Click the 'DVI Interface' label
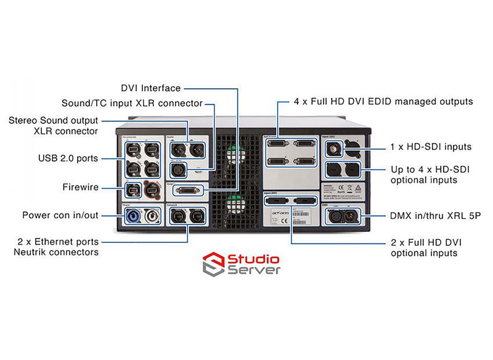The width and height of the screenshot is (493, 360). pyautogui.click(x=151, y=88)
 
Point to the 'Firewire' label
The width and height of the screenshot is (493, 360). pyautogui.click(x=81, y=186)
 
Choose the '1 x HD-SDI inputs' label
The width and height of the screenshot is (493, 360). pyautogui.click(x=431, y=147)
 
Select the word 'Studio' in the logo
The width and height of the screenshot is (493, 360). pyautogui.click(x=254, y=259)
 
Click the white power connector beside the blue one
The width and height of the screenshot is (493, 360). pyautogui.click(x=151, y=217)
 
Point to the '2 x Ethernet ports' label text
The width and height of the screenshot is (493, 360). pyautogui.click(x=60, y=241)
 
